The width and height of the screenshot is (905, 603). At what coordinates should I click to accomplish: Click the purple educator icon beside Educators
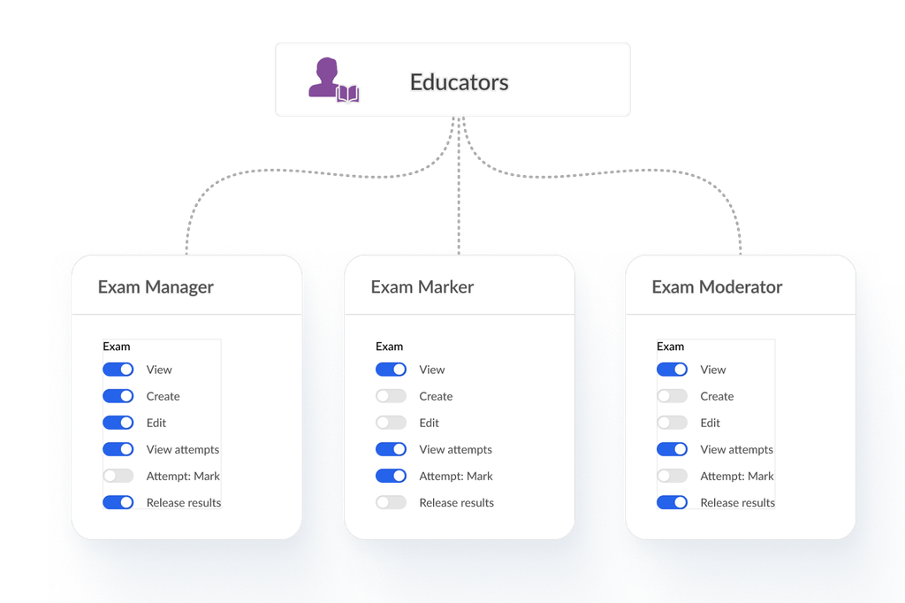(x=333, y=80)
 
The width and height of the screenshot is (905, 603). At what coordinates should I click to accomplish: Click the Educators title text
(x=459, y=82)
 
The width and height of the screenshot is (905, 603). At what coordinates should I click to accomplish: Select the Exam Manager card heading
(x=156, y=287)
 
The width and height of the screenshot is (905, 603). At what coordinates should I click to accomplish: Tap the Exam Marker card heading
(x=422, y=287)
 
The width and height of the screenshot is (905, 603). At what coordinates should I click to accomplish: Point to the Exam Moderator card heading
(x=717, y=287)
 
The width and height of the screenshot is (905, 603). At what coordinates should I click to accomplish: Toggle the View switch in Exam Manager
(x=118, y=370)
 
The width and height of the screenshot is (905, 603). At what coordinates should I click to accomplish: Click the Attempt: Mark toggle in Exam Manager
(x=118, y=476)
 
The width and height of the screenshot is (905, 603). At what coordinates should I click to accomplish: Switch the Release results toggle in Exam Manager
(x=118, y=502)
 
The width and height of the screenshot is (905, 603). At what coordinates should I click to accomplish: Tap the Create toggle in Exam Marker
(x=391, y=396)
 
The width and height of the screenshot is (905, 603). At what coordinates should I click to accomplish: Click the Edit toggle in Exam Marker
(x=391, y=423)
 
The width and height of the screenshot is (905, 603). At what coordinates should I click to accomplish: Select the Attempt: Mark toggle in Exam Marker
(x=391, y=476)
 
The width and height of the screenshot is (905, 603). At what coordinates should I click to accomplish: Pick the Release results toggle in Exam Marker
(x=391, y=502)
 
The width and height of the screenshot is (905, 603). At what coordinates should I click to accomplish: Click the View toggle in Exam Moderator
(x=672, y=370)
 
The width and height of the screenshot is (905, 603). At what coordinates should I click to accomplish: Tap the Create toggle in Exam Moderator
(x=672, y=396)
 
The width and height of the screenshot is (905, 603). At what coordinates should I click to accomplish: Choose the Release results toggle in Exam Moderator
(x=672, y=502)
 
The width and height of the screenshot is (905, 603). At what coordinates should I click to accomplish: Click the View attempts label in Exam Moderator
(x=736, y=450)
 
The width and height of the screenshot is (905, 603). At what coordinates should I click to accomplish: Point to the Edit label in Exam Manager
(x=156, y=424)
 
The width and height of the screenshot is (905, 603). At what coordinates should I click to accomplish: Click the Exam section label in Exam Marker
(x=389, y=347)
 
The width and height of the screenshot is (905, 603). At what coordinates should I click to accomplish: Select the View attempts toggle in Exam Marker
(x=391, y=449)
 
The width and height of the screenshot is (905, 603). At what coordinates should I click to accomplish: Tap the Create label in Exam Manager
(x=163, y=397)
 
